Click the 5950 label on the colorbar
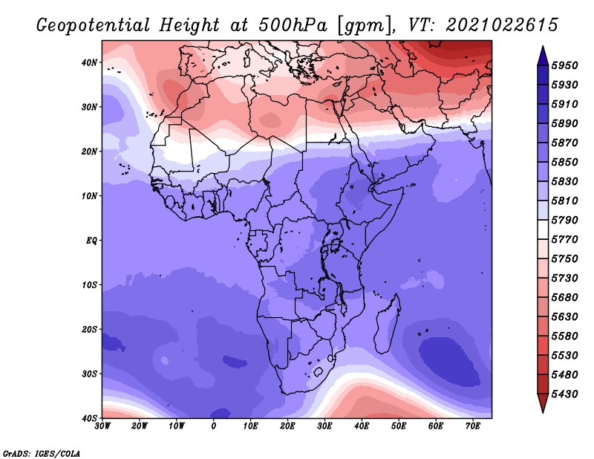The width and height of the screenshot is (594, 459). point(564,65)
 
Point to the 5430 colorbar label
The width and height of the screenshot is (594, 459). point(564,394)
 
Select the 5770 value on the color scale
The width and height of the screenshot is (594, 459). point(564,240)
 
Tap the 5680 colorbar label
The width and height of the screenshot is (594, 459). point(564,298)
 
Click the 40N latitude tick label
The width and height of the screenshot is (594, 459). point(89,62)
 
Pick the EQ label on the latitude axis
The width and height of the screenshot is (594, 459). point(91,241)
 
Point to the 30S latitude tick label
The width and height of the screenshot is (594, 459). point(89,374)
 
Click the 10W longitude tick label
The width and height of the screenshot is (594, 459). point(177,426)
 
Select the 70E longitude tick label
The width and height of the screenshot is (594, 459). point(473,426)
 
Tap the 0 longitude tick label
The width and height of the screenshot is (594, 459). point(214,426)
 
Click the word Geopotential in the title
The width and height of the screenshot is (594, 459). point(94,26)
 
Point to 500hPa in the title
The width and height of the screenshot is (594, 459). point(293,25)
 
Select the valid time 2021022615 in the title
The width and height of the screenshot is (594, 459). point(502,25)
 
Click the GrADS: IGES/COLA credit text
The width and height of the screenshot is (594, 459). point(42,453)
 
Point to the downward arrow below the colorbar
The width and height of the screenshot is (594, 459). point(543,403)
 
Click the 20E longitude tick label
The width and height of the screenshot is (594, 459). point(287,426)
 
